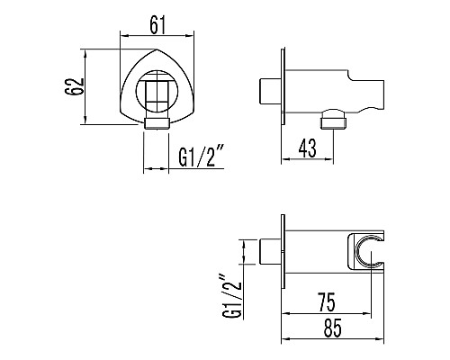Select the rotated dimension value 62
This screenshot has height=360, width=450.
(75, 86)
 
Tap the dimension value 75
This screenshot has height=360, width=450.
(328, 301)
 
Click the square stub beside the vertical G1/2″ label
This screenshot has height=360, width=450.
(269, 251)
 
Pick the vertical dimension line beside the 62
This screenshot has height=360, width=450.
(86, 86)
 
